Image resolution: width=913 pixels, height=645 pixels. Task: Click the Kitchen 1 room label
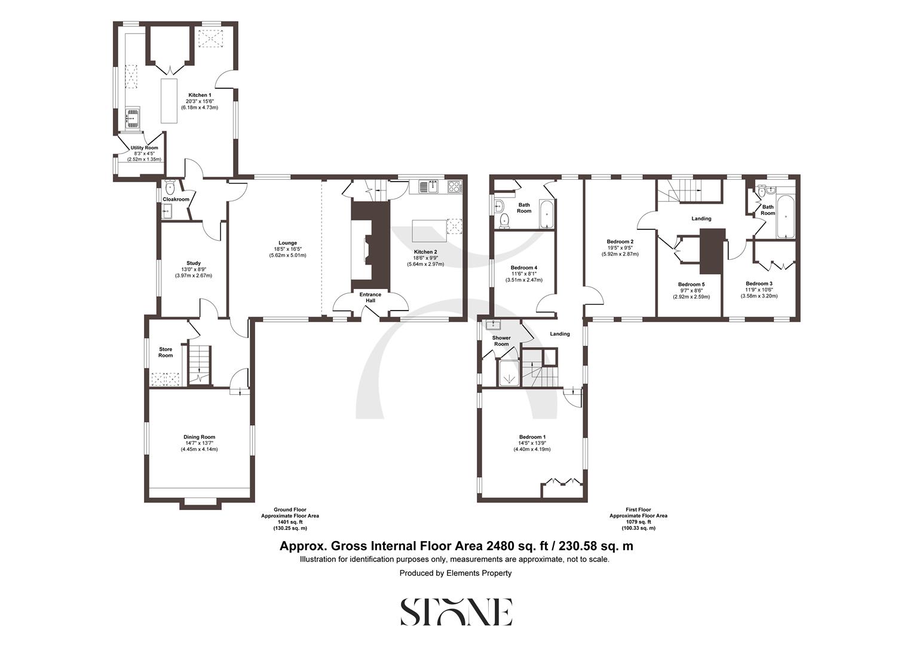(200, 95)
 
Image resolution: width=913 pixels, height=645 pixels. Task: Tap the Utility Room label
(144, 148)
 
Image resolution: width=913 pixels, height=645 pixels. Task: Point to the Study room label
(193, 263)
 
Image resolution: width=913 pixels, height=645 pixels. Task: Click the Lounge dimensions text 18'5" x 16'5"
(287, 249)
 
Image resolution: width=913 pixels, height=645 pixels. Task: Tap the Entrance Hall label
(370, 297)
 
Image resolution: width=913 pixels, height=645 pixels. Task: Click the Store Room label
(166, 352)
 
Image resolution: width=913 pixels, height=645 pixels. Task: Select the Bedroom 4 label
(524, 268)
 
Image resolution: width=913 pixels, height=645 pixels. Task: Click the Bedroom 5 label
(691, 284)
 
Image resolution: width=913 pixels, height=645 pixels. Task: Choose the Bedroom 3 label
(759, 284)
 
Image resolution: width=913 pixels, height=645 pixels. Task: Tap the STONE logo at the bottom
(456, 612)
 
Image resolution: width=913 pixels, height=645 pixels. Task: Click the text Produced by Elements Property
(456, 573)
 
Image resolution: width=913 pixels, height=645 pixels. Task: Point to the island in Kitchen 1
(169, 100)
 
